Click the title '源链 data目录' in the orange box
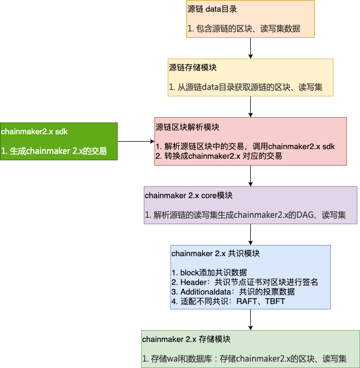tap(212, 10)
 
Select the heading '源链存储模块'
tap(193, 68)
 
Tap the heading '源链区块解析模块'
tap(187, 127)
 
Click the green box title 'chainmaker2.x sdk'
tap(35, 131)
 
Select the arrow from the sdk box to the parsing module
tap(136, 141)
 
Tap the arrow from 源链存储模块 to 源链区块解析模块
tap(250, 107)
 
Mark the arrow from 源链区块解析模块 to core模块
tap(250, 176)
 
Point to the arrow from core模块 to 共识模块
tap(250, 234)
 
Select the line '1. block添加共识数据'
tap(209, 272)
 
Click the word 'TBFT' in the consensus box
tap(275, 301)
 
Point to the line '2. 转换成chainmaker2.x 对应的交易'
tap(218, 156)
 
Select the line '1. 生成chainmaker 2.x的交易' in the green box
tap(54, 151)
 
